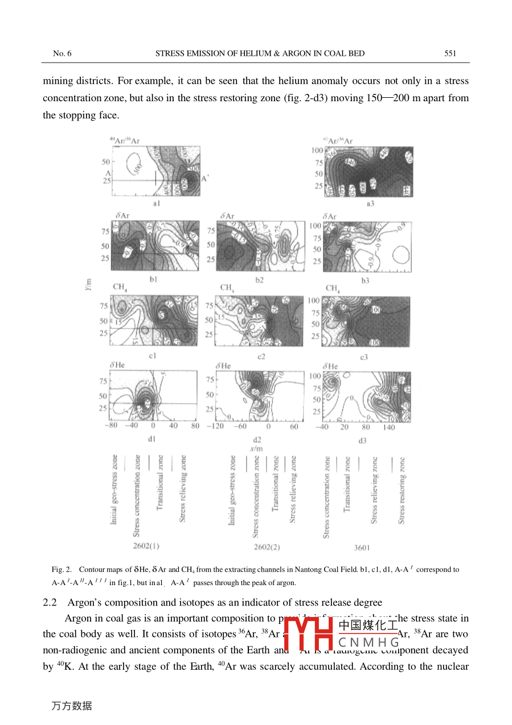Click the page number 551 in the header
[x=450, y=53]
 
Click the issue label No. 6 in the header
[x=62, y=53]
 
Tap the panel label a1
[x=155, y=202]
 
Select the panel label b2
[x=260, y=279]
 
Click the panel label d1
[x=152, y=438]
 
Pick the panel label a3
[x=370, y=203]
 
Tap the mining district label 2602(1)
[x=146, y=546]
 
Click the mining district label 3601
[x=361, y=548]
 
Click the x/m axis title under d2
[x=257, y=448]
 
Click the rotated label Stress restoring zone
[x=402, y=490]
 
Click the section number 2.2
[x=50, y=602]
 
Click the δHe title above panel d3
[x=330, y=367]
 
